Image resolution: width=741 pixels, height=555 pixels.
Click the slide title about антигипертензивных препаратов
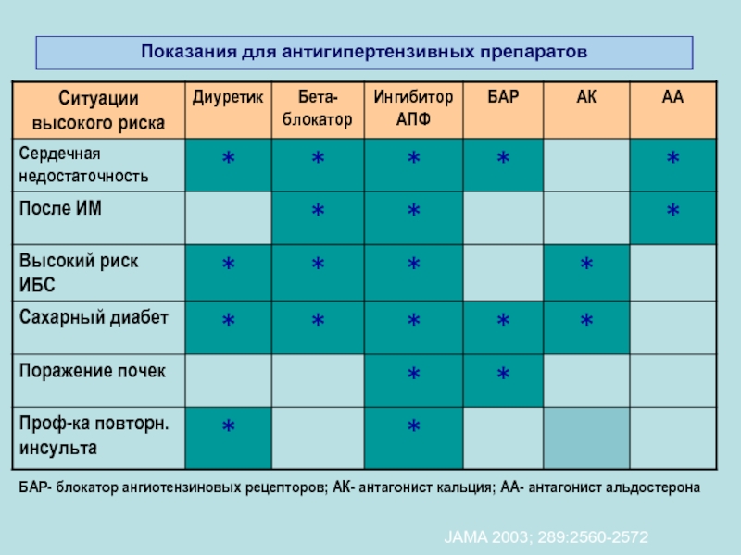pos(364,52)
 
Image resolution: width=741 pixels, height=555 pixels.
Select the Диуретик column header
pos(228,97)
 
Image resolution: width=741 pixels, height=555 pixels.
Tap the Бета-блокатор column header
pos(318,108)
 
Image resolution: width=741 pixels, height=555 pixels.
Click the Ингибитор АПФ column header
pos(413,108)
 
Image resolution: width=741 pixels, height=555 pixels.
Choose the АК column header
pos(586,97)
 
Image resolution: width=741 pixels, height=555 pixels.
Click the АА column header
pos(672,97)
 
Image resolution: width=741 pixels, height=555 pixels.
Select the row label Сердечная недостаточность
pos(83,164)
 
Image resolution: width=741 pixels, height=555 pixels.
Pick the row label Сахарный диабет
pos(94,317)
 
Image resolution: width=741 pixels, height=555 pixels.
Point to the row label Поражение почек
pos(93,371)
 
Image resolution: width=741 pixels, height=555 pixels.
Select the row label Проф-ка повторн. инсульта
pos(94,436)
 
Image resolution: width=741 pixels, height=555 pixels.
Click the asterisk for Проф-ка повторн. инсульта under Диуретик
pos(228,426)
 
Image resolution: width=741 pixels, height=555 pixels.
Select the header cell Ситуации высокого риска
pos(98,108)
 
